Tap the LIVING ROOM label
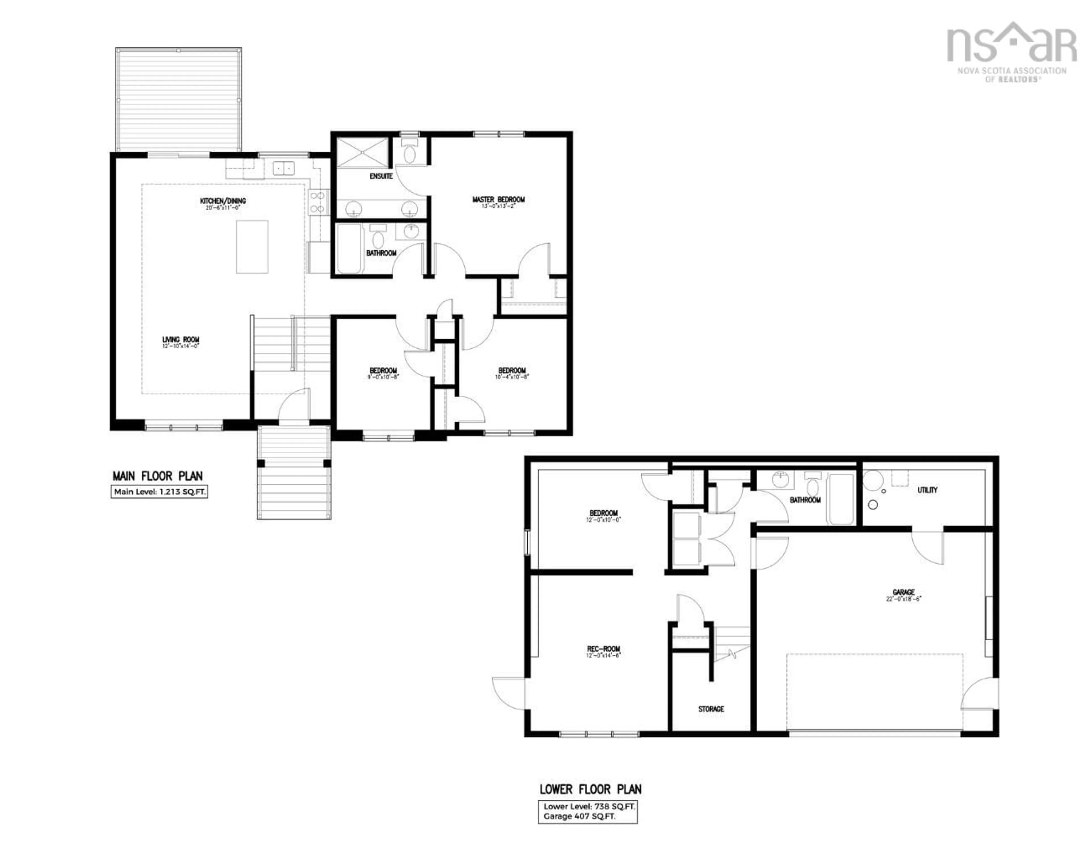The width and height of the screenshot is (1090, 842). [180, 340]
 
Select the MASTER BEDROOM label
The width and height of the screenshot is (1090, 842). [498, 199]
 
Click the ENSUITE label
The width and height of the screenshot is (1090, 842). [381, 176]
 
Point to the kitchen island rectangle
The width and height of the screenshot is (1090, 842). [252, 247]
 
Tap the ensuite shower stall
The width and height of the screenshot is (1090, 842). [362, 152]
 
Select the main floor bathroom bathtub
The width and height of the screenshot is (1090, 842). [349, 249]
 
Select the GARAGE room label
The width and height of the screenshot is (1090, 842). [903, 592]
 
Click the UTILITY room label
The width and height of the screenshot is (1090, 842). [927, 490]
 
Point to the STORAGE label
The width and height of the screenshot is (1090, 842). [711, 709]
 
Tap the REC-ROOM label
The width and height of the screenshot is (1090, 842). [603, 649]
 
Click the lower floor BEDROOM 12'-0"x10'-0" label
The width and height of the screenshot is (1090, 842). [603, 513]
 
